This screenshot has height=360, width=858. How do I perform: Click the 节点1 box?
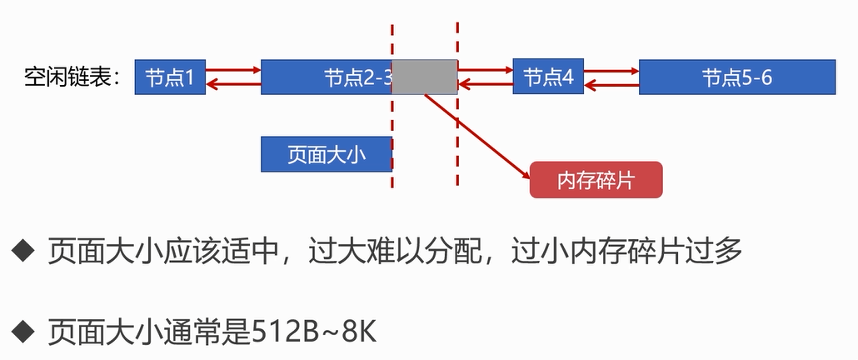pos(170,77)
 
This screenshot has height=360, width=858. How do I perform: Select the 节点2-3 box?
pos(326,77)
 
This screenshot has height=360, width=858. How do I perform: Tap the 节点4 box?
pos(548,77)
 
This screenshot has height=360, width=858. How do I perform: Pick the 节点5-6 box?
pos(737,77)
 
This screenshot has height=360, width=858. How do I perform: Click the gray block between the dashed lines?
pos(425,77)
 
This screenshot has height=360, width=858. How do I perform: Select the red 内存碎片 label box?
pos(596,180)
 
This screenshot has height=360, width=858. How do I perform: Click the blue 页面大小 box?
pos(326,154)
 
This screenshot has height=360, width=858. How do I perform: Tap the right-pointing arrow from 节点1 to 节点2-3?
pos(233,71)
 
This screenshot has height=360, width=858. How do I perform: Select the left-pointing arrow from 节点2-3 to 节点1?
pos(233,83)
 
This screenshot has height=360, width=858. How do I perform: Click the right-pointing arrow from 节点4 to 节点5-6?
pos(611,71)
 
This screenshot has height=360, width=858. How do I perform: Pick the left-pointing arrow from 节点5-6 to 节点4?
pos(611,83)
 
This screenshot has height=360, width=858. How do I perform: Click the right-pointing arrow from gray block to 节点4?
pos(485,71)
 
